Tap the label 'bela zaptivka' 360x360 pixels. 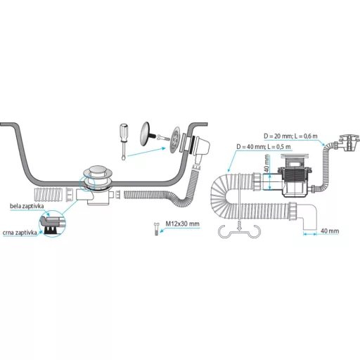tap(27, 206)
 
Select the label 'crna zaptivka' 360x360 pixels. tap(20, 233)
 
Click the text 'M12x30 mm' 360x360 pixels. tap(183, 224)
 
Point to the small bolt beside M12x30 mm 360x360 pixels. tap(157, 229)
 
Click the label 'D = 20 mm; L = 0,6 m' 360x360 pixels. tap(290, 136)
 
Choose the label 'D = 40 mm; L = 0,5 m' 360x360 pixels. tap(264, 147)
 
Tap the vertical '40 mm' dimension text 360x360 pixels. tap(266, 163)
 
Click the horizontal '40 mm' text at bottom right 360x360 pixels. tap(330, 231)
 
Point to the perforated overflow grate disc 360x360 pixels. tap(176, 140)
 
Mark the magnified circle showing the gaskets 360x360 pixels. tap(53, 224)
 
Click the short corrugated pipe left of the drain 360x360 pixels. tap(49, 195)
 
